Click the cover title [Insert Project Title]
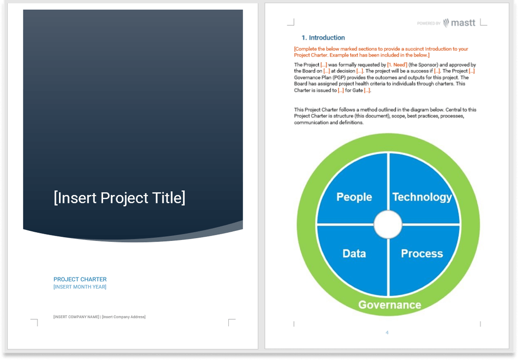tap(119, 198)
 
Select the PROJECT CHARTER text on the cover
tap(80, 279)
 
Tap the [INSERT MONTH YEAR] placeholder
tap(80, 287)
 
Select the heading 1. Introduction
tap(323, 37)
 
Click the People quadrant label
tap(354, 197)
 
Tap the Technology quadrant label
tap(422, 197)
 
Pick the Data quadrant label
tap(354, 253)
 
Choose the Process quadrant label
tap(422, 253)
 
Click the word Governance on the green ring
tap(389, 305)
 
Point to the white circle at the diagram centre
tap(388, 224)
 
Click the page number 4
tap(387, 332)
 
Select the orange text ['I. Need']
tap(397, 65)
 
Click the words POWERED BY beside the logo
tap(429, 24)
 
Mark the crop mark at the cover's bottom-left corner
tap(35, 322)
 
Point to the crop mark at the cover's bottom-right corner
tap(231, 322)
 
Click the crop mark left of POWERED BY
tap(291, 22)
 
